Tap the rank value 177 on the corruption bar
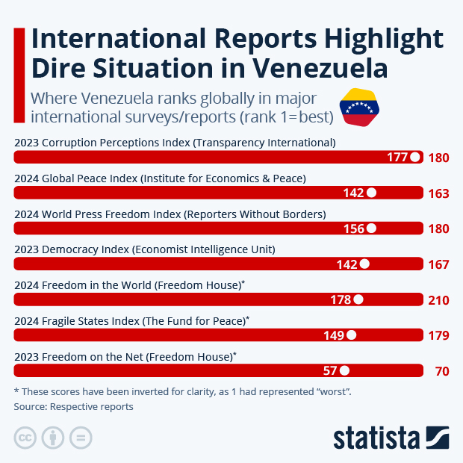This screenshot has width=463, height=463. (x=397, y=158)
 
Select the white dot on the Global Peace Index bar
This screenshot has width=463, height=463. (x=371, y=193)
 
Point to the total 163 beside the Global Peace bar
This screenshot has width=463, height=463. (x=438, y=193)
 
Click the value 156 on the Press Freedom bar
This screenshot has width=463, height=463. (x=353, y=229)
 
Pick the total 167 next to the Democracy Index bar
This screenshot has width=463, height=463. (x=438, y=264)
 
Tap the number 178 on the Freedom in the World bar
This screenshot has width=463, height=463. (x=341, y=300)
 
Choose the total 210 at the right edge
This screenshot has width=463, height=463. (x=438, y=300)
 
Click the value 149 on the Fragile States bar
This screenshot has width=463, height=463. (x=334, y=335)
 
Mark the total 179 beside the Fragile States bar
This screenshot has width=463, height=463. (x=438, y=335)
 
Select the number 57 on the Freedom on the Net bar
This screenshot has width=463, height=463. (x=331, y=371)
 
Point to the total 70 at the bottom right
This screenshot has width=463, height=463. (x=441, y=371)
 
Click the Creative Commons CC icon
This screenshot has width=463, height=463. (x=25, y=438)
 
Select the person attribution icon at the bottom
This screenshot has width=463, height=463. (x=52, y=438)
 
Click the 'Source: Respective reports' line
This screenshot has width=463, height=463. (x=73, y=407)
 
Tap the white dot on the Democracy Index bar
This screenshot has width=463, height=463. (x=364, y=264)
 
